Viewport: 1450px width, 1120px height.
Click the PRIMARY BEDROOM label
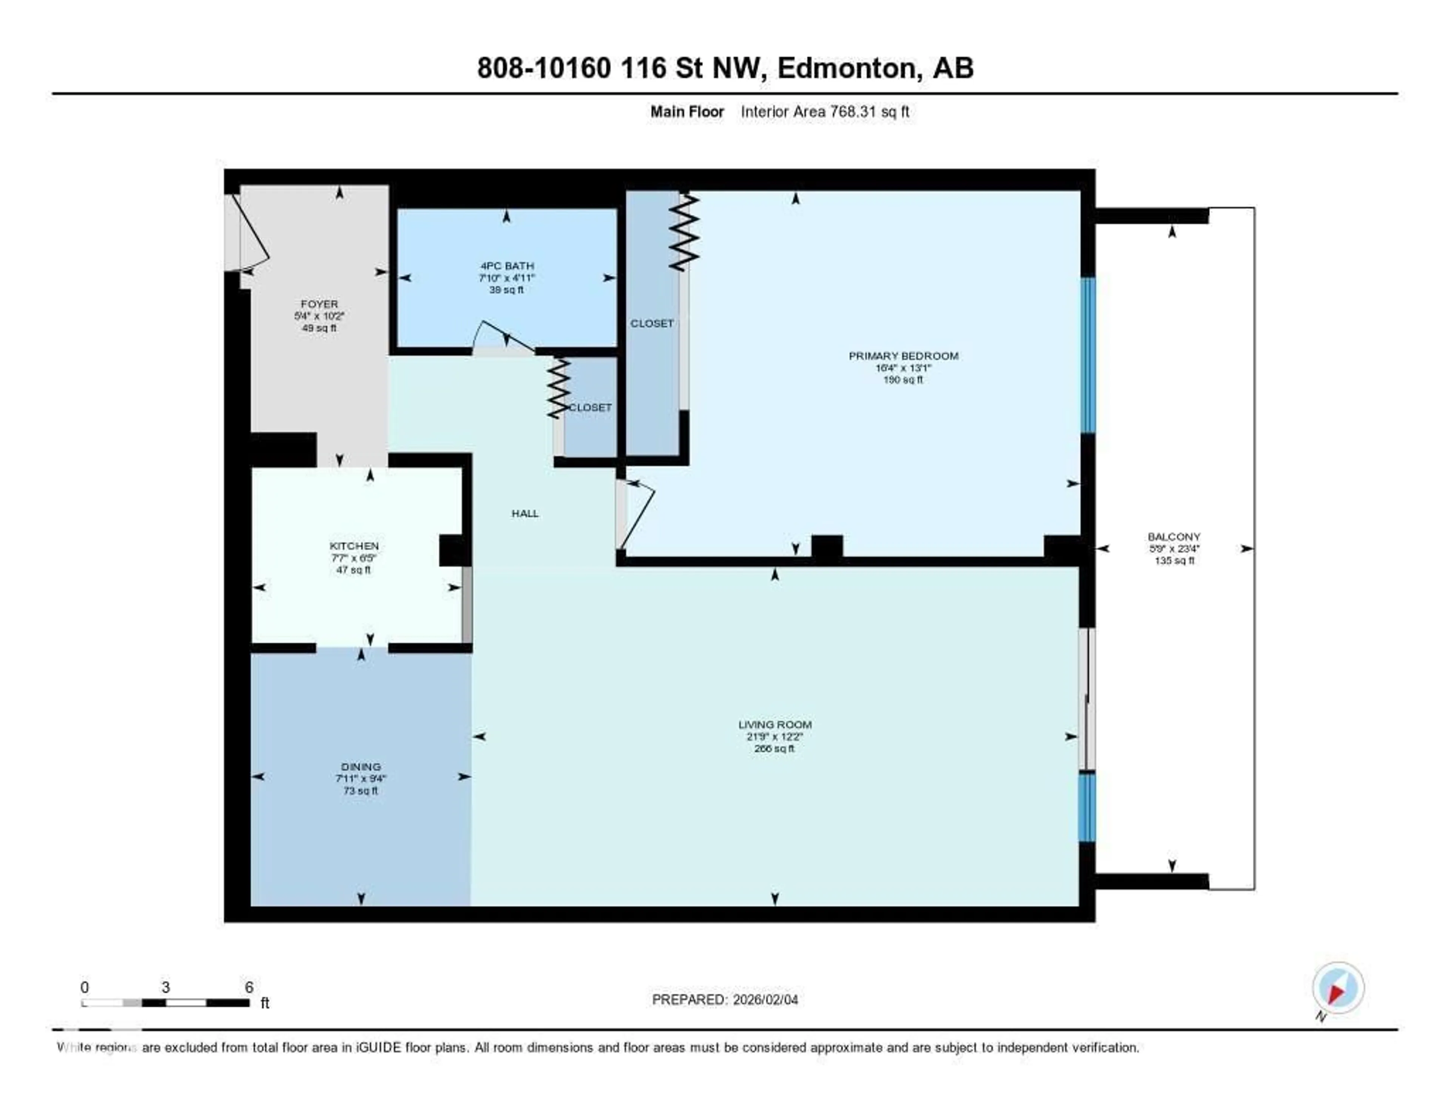pyautogui.click(x=903, y=356)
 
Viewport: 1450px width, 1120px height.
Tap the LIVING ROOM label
pyautogui.click(x=774, y=724)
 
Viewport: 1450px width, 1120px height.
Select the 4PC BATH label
pyautogui.click(x=507, y=265)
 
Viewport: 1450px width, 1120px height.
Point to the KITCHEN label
pyautogui.click(x=354, y=546)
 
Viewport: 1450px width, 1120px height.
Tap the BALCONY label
pyautogui.click(x=1174, y=537)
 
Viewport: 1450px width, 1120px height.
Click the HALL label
pyautogui.click(x=524, y=513)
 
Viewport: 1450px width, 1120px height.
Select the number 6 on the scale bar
pyautogui.click(x=249, y=987)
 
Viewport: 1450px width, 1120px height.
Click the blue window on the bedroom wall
pyautogui.click(x=1087, y=355)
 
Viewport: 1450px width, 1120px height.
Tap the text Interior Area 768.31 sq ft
pyautogui.click(x=825, y=111)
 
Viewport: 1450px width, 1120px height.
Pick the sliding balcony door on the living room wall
pyautogui.click(x=1086, y=699)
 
